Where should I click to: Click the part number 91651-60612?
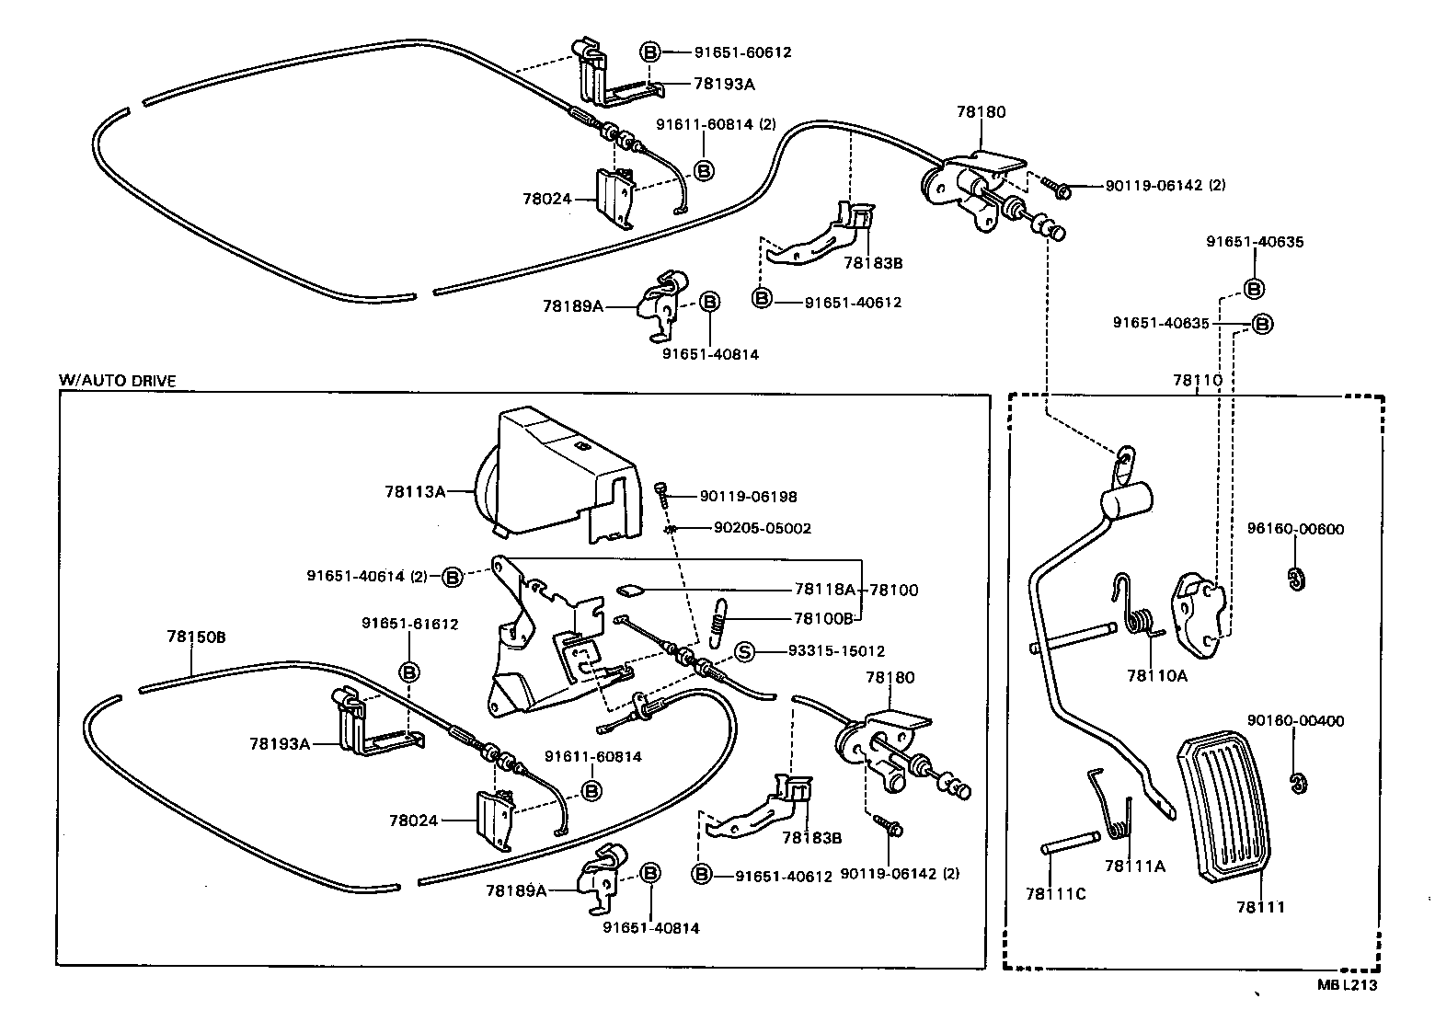click(742, 52)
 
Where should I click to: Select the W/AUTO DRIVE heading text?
click(117, 380)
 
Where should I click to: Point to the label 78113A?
click(415, 492)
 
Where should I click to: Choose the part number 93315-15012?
click(836, 651)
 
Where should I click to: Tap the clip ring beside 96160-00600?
click(1297, 580)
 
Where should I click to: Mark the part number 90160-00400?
click(1295, 721)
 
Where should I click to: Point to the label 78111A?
click(1134, 866)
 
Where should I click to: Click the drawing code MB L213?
click(1347, 985)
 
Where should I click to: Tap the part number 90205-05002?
click(763, 528)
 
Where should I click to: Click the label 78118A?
click(824, 590)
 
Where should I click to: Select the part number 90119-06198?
click(748, 497)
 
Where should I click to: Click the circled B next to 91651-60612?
click(650, 52)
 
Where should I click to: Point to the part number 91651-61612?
click(409, 624)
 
